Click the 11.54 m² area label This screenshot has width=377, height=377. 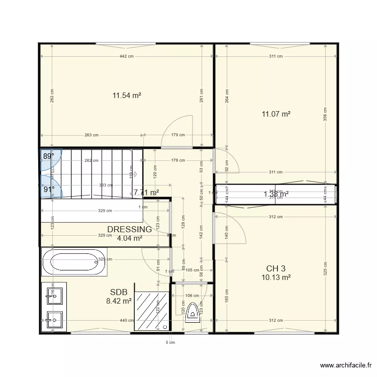[126, 95]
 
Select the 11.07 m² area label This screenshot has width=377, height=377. [276, 114]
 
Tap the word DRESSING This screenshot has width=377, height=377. [129, 229]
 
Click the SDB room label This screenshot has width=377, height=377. [119, 292]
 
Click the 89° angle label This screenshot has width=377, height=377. [48, 156]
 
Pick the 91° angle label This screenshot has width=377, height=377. [48, 190]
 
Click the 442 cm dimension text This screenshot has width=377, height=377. [127, 56]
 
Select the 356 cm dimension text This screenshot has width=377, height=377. [325, 115]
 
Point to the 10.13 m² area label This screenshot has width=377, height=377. [276, 277]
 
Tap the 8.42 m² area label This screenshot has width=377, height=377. [119, 301]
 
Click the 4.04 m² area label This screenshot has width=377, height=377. [129, 238]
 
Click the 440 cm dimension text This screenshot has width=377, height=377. [127, 320]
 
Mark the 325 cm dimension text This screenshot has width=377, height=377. [325, 269]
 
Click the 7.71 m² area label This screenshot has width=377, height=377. [146, 192]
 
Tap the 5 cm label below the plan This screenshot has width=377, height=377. [170, 343]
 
